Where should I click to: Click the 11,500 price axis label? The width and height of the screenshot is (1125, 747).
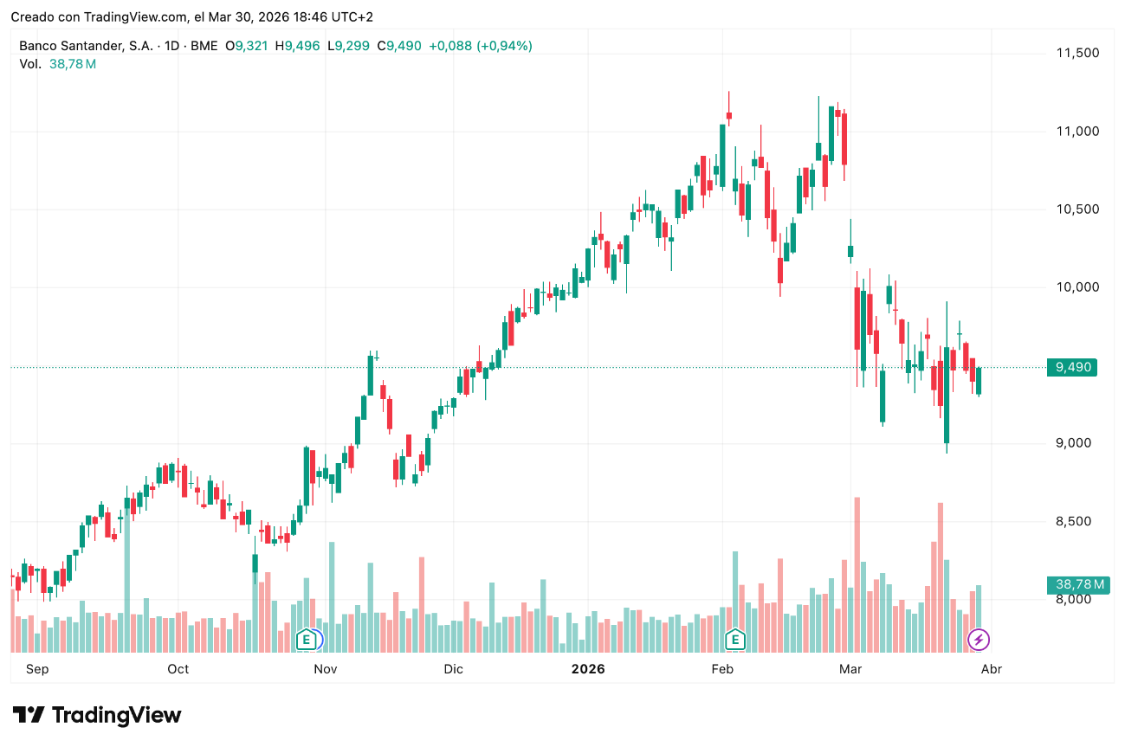tap(1077, 53)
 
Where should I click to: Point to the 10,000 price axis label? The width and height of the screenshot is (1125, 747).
tap(1077, 287)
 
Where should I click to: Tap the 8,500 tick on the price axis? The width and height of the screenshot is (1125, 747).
tap(1077, 522)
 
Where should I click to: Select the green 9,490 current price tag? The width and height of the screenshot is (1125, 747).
tap(1070, 368)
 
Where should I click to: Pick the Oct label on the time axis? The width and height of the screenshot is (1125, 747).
tap(178, 669)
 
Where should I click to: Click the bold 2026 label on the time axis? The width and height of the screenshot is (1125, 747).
tap(588, 669)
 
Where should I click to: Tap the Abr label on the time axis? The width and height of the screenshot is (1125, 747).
tap(991, 669)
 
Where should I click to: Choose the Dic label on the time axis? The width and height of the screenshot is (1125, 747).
tap(453, 669)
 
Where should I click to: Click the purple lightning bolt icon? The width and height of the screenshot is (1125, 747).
tap(979, 640)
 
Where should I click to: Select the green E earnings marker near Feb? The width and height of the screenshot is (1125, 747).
tap(735, 640)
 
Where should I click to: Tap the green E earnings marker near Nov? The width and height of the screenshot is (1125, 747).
tap(305, 640)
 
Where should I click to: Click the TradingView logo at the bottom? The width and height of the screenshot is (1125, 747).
tap(97, 716)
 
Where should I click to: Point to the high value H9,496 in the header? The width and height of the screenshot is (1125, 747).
tap(298, 46)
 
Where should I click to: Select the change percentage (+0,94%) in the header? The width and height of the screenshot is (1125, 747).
tap(504, 46)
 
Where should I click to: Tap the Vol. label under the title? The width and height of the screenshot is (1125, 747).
tap(30, 64)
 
